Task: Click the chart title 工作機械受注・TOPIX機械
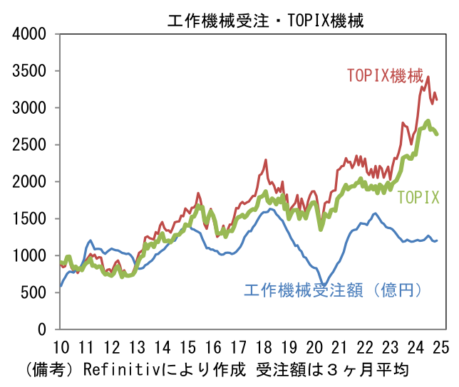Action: click(265, 21)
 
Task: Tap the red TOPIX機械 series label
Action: click(385, 75)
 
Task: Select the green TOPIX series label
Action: click(418, 198)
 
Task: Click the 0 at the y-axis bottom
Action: click(42, 330)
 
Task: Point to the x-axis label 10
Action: click(61, 348)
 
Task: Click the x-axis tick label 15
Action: click(188, 348)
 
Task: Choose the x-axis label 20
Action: click(314, 348)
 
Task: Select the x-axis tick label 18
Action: click(264, 348)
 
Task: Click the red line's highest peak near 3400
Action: click(428, 77)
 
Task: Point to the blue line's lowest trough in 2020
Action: click(323, 285)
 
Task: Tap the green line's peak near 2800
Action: click(428, 121)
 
